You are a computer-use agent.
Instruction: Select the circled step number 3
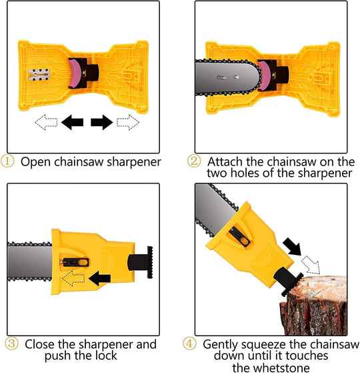point(11,344)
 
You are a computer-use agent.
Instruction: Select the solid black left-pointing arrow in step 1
point(72,122)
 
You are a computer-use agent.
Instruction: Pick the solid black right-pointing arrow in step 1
point(101,122)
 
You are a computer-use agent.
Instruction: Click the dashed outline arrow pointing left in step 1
point(46,122)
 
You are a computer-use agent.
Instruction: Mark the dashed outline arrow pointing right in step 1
point(127,122)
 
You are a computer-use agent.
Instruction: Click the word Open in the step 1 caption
point(35,161)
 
